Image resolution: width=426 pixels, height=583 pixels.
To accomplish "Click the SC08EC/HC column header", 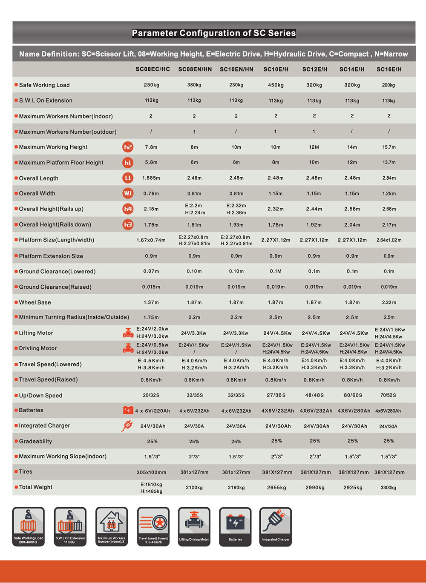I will tap(153, 69).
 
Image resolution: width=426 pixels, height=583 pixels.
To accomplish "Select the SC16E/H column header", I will tap(389, 69).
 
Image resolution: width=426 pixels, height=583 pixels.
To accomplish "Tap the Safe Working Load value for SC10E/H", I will tap(276, 85).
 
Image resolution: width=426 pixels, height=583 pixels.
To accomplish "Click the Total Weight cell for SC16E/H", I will tap(388, 488).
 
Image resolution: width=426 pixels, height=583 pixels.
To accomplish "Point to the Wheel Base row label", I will tap(35, 302).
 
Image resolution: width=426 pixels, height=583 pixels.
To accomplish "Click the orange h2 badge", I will tap(128, 147).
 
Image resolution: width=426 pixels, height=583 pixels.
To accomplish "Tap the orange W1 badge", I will tap(128, 193).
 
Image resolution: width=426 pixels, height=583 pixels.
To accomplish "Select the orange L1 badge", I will tap(128, 178).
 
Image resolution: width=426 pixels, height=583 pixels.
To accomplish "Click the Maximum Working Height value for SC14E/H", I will tap(352, 147).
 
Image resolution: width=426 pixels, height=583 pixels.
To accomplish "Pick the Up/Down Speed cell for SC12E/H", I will tap(314, 395).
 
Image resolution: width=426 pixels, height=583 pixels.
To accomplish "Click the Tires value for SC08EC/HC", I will tap(151, 472).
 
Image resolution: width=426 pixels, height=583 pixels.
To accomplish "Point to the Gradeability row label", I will tap(35, 441).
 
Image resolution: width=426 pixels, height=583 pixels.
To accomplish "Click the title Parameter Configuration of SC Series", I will tap(214, 33).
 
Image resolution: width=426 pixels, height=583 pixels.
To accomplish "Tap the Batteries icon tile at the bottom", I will tap(235, 526).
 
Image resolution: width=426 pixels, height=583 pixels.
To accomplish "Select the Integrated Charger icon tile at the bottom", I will tap(275, 526).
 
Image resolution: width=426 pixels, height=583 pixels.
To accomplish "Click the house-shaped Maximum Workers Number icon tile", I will tap(111, 526).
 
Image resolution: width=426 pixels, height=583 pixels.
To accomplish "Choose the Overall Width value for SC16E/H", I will tap(389, 193).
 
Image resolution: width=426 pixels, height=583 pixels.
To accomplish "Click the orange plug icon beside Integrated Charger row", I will tap(127, 425).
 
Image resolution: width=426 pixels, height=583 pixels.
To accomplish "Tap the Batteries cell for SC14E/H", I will tap(352, 411).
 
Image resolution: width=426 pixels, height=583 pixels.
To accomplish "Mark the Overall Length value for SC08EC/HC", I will tap(151, 178).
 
